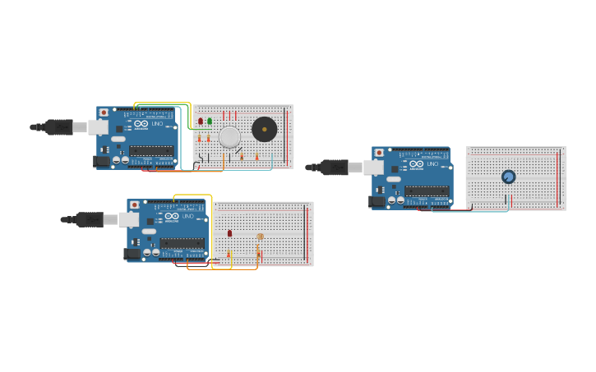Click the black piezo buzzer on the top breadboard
[264, 129]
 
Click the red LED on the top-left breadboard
[201, 122]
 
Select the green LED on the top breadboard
[210, 122]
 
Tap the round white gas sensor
[229, 136]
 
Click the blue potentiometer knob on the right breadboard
[508, 177]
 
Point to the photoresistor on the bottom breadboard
[260, 237]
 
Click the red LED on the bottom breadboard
[229, 233]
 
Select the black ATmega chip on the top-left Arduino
[151, 150]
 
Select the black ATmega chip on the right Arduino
[427, 191]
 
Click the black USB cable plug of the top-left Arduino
[58, 126]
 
